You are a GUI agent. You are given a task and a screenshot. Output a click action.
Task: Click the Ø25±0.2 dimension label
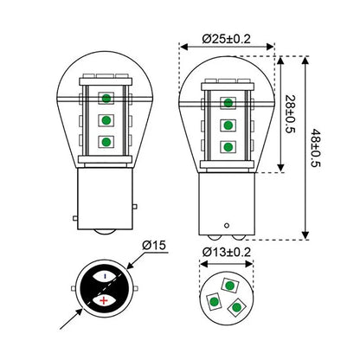click(227, 39)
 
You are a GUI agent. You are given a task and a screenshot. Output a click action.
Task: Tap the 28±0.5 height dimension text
click(290, 114)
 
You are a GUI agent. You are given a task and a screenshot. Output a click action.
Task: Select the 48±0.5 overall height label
click(315, 148)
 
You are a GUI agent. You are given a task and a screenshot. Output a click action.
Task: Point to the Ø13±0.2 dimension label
click(227, 253)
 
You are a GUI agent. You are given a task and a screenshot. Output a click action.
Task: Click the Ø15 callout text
click(154, 245)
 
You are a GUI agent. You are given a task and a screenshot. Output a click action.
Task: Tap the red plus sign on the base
click(104, 300)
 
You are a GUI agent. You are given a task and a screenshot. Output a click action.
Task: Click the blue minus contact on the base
click(105, 276)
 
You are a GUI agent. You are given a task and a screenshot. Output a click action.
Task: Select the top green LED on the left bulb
click(106, 99)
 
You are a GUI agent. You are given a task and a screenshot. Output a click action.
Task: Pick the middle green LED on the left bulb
click(106, 120)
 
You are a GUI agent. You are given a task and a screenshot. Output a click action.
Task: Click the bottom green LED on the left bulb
click(106, 142)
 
